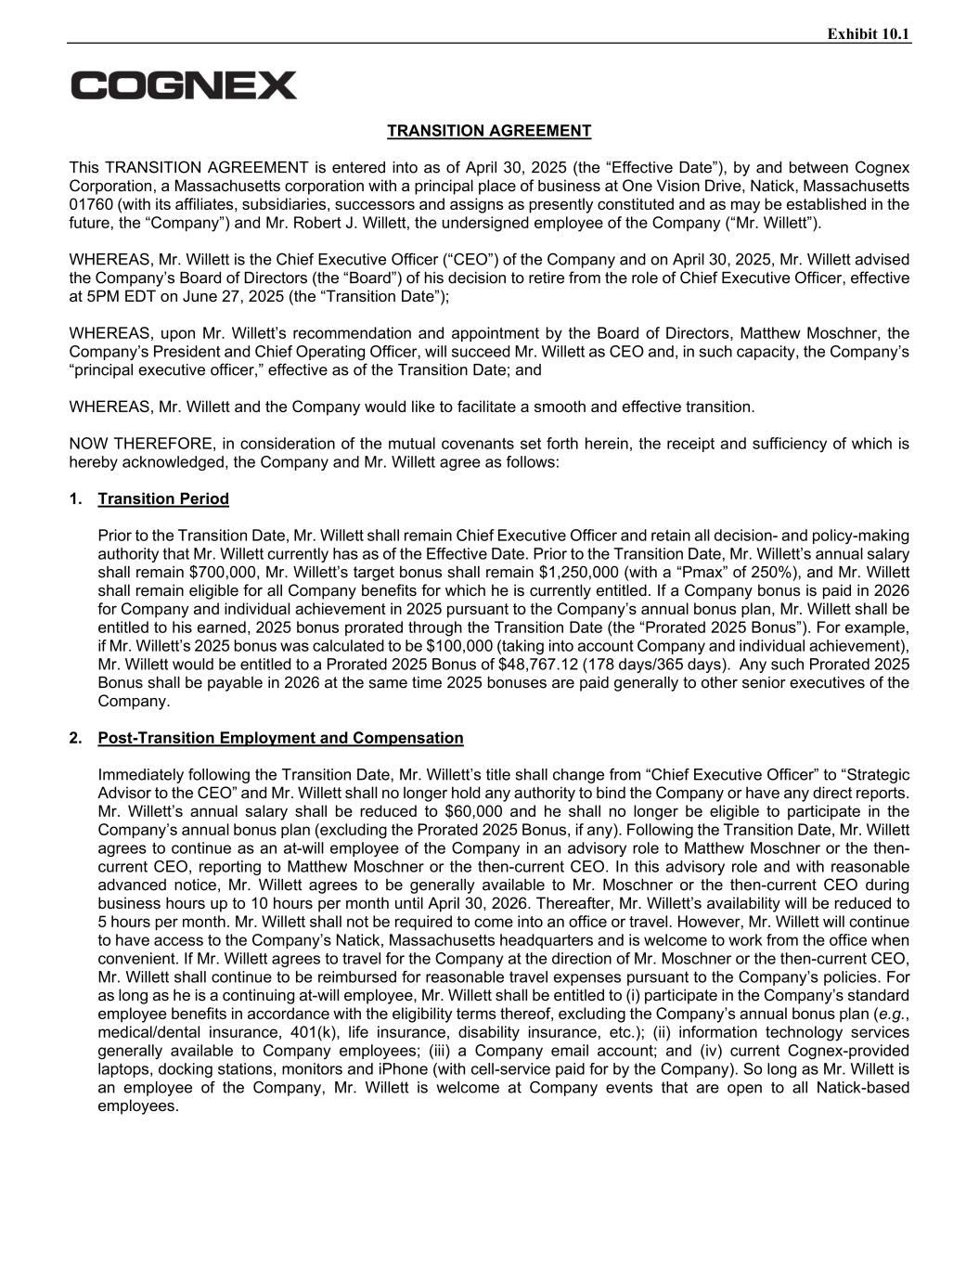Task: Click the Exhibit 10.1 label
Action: point(869,34)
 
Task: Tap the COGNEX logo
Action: point(184,85)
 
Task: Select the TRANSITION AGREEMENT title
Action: point(489,131)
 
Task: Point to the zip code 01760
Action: point(90,204)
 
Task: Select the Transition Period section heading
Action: point(163,499)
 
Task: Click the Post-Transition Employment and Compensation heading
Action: point(280,738)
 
